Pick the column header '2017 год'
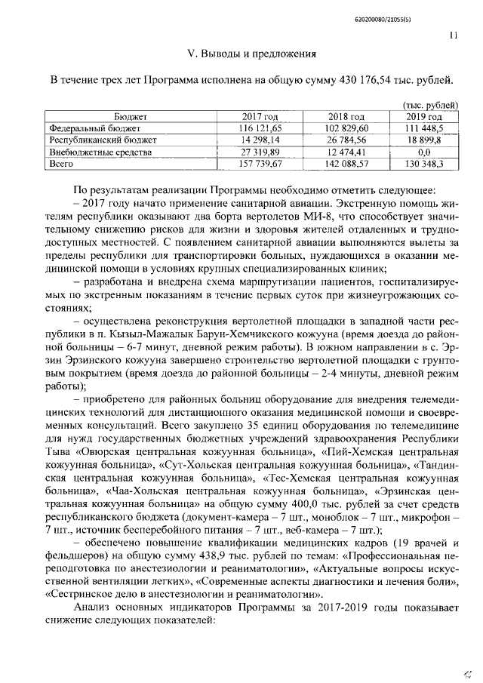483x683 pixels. (260, 117)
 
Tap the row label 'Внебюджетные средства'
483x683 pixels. (95, 151)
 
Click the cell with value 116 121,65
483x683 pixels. (260, 128)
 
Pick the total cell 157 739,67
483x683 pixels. (260, 162)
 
